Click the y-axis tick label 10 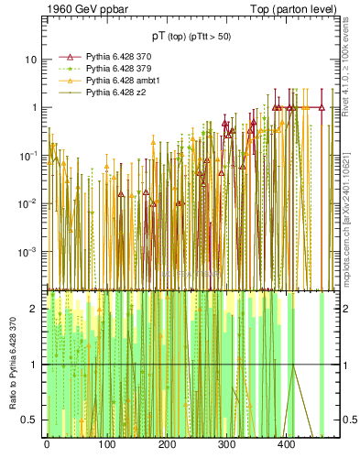pyautogui.click(x=31, y=60)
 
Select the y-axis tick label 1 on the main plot pyautogui.click(x=34, y=107)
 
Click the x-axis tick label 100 pyautogui.click(x=106, y=444)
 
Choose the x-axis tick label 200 pyautogui.click(x=167, y=444)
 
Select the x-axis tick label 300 pyautogui.click(x=227, y=444)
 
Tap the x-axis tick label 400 pyautogui.click(x=287, y=444)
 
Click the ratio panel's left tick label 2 pyautogui.click(x=34, y=309)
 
